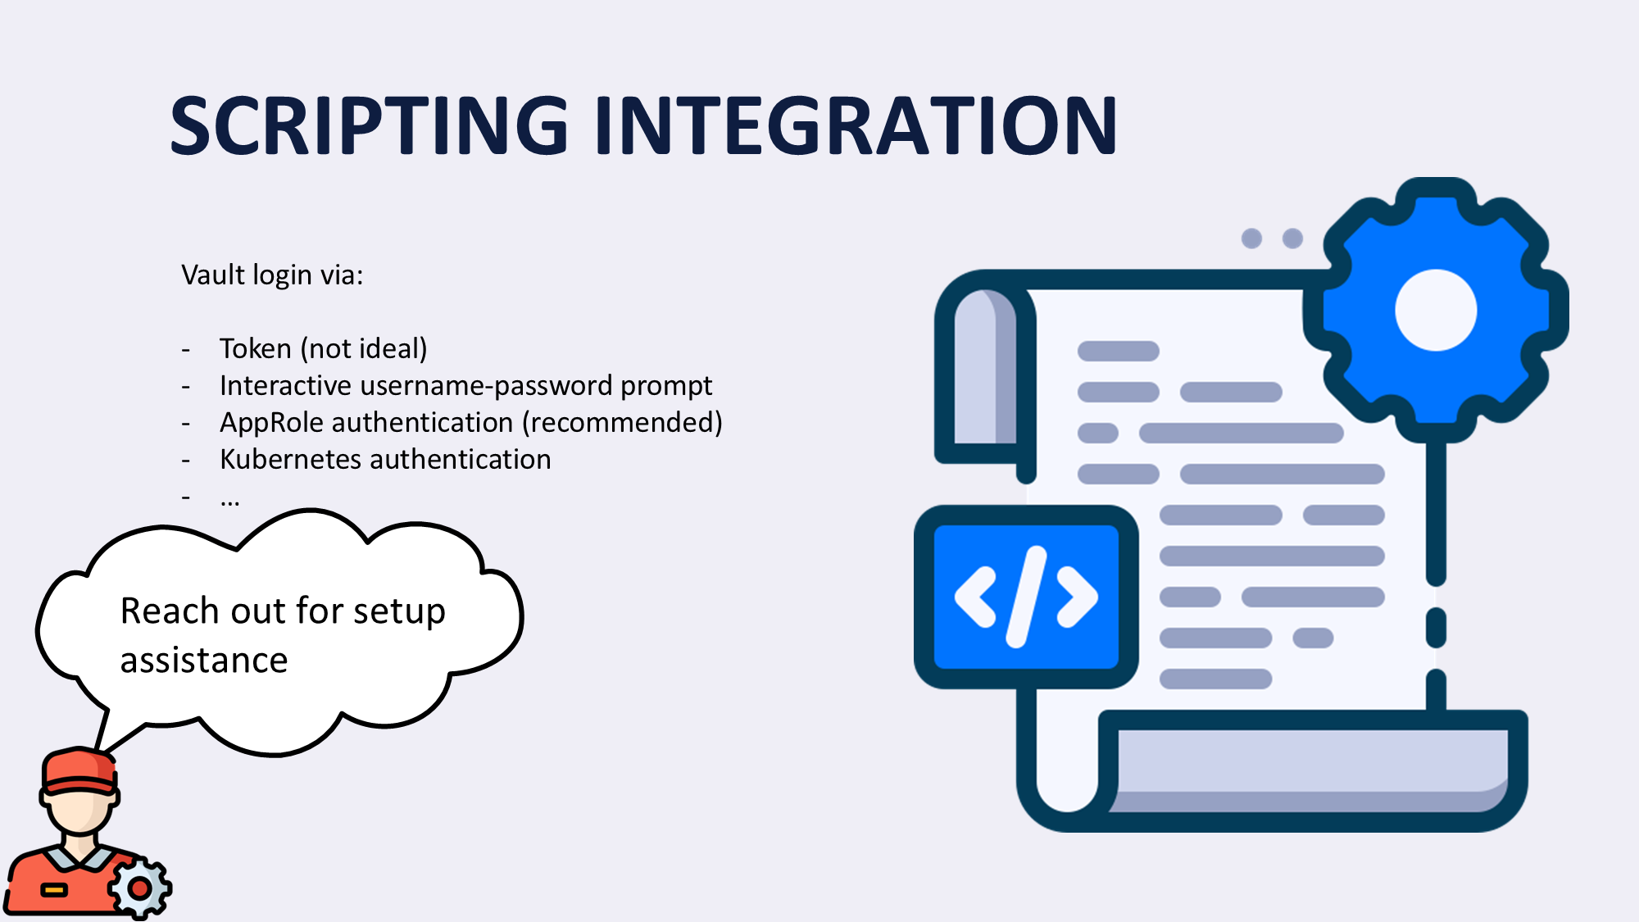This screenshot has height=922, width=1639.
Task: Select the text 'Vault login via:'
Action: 272,275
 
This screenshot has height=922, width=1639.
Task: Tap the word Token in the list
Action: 256,349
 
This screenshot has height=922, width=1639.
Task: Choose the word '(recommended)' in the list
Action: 623,423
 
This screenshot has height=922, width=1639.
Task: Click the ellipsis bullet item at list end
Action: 230,498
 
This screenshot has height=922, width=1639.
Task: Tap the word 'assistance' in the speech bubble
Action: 204,661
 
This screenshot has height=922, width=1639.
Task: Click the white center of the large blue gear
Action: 1436,311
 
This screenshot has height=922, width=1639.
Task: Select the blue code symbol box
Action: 1026,597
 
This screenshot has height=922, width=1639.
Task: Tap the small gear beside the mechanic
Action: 140,888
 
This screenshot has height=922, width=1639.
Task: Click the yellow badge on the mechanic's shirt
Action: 54,890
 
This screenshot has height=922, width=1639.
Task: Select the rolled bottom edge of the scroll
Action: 1311,762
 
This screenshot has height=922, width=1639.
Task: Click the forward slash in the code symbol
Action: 1027,597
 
